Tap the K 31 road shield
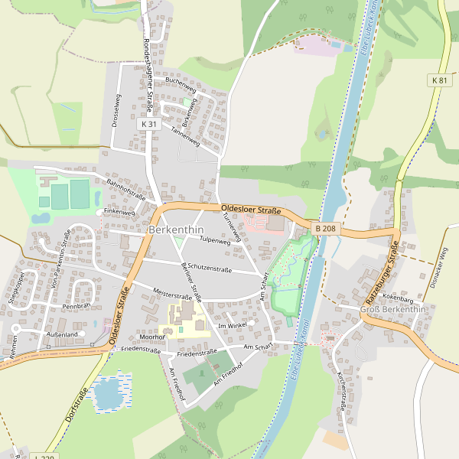point(149,124)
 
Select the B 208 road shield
point(324,228)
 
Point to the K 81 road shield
point(438,80)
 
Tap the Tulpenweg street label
point(215,241)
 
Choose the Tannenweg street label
point(185,137)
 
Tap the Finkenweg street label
point(119,211)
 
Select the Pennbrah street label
point(76,306)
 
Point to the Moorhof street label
point(153,337)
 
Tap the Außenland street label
point(62,335)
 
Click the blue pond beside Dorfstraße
point(107,392)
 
